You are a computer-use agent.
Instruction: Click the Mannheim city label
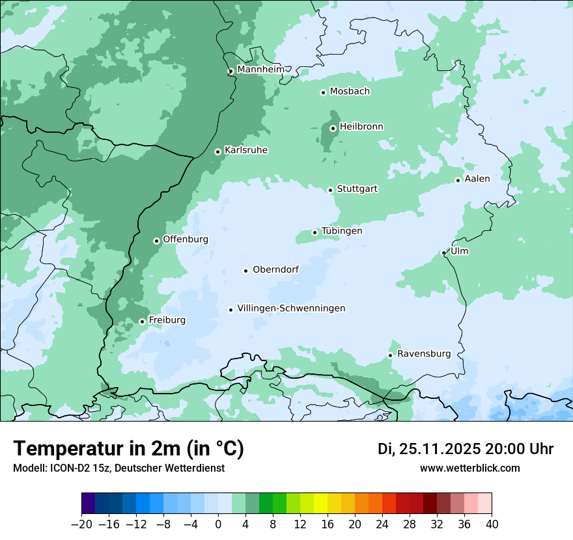(260, 70)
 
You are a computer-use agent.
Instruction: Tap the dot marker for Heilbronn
(333, 128)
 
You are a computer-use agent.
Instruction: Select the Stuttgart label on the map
(357, 189)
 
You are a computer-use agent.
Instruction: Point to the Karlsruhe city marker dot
(218, 152)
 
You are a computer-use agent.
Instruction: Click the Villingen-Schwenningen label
(291, 308)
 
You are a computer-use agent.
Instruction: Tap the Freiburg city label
(167, 320)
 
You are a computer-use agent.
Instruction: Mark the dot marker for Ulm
(443, 252)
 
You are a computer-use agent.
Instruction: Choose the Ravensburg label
(424, 354)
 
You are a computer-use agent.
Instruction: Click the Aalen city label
(477, 179)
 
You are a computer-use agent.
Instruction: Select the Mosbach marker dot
(323, 92)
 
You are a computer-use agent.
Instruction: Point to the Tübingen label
(342, 231)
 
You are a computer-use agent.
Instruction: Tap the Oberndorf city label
(275, 269)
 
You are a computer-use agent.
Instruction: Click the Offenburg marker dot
(156, 241)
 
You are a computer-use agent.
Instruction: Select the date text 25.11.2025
(441, 449)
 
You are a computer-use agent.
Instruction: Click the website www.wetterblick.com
(469, 468)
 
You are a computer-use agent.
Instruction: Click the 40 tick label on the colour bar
(492, 524)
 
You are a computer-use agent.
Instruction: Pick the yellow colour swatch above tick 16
(328, 504)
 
